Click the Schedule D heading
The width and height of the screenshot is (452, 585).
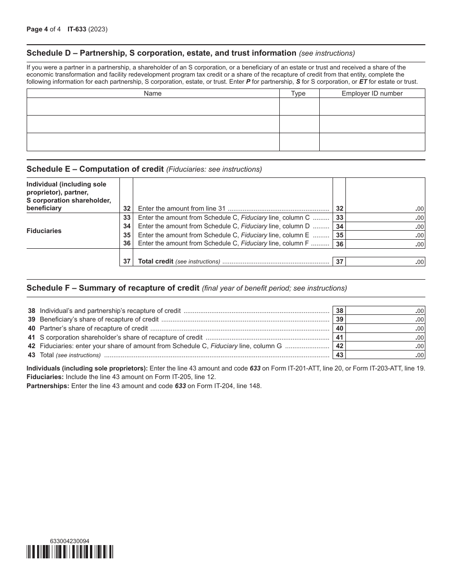click(x=162, y=53)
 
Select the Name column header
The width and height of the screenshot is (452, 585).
click(x=153, y=94)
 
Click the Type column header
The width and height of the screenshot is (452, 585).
click(x=298, y=94)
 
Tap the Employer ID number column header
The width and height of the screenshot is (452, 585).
click(x=372, y=94)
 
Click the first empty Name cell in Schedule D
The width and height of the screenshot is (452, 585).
click(x=153, y=107)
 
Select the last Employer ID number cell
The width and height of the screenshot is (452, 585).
click(x=372, y=142)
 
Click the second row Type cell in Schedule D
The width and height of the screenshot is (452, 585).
click(x=299, y=124)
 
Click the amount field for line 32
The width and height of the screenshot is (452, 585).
click(x=384, y=208)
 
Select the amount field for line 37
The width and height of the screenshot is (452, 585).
click(x=384, y=262)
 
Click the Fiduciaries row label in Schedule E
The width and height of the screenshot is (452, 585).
click(x=44, y=231)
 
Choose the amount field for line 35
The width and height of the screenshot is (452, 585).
click(x=384, y=235)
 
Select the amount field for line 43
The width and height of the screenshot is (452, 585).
click(x=384, y=355)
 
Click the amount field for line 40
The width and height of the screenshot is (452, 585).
click(x=384, y=329)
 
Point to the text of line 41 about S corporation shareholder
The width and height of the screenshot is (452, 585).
click(x=121, y=337)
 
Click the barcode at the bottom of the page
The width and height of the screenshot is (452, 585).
click(x=70, y=552)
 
